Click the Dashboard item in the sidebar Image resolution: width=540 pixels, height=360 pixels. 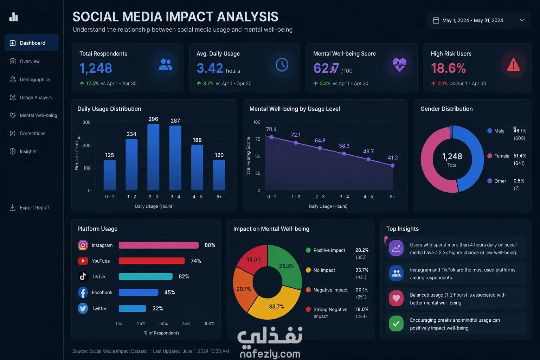[32, 43]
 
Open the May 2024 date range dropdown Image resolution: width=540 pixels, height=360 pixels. [478, 20]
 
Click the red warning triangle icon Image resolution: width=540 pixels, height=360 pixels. [513, 65]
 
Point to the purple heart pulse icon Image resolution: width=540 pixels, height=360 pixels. [399, 65]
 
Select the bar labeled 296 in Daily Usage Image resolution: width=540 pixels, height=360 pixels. [153, 157]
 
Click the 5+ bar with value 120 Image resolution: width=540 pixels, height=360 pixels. [219, 175]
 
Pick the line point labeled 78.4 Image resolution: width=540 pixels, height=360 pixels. [272, 137]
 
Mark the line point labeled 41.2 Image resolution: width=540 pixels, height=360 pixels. [392, 166]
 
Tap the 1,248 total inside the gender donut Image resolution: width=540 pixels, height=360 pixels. [452, 156]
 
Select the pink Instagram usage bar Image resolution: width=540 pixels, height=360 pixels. [159, 245]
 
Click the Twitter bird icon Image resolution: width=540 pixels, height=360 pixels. [83, 308]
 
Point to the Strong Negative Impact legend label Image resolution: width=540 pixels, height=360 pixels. [330, 313]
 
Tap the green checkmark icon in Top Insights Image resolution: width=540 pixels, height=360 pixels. [396, 323]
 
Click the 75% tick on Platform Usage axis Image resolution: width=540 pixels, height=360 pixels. [186, 323]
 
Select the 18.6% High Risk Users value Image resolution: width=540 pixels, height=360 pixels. [448, 68]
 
